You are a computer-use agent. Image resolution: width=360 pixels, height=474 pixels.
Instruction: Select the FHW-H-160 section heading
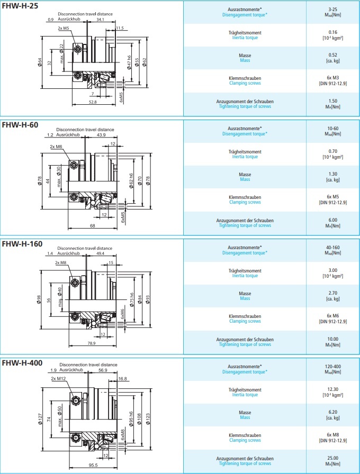[x=22, y=244]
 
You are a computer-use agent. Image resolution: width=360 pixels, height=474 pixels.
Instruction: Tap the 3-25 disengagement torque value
[x=332, y=10]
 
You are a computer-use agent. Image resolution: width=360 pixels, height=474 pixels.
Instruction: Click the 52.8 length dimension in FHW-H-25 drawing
[x=92, y=102]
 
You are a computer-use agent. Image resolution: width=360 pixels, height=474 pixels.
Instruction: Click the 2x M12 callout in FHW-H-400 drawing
[x=57, y=379]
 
